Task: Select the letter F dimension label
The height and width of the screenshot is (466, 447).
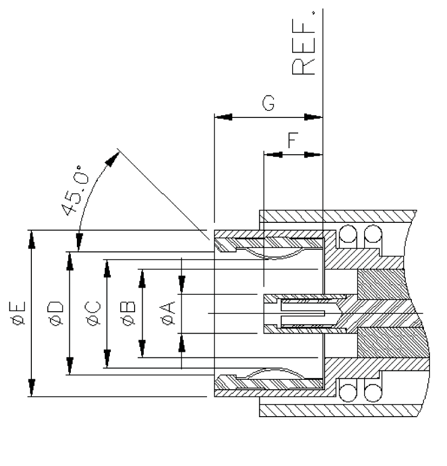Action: [x=293, y=141]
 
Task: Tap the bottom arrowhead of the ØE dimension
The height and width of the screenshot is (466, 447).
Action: [x=32, y=388]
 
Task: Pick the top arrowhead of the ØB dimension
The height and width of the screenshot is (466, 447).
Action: [x=142, y=277]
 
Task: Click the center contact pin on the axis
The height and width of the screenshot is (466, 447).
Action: [x=308, y=313]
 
